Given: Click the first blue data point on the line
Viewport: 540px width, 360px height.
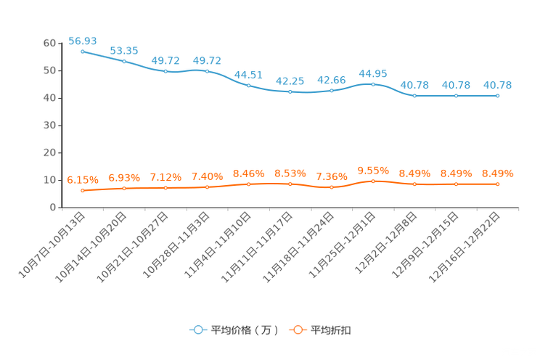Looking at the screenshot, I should [83, 52].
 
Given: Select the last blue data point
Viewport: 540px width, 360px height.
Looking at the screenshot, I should [498, 96].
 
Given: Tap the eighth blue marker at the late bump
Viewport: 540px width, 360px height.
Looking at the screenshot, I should [373, 83].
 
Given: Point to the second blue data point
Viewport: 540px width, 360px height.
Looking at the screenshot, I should [124, 62].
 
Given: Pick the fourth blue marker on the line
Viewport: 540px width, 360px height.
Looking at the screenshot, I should [207, 71].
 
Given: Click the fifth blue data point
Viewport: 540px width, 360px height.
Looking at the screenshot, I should [249, 85].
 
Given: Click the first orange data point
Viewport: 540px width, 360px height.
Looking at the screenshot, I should [83, 191].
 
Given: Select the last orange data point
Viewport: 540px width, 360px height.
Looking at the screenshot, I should [498, 184].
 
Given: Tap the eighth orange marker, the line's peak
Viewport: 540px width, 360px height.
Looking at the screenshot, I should [373, 181].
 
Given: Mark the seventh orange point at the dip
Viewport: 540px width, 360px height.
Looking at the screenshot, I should [332, 187].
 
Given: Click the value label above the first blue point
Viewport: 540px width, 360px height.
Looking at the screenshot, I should [83, 40].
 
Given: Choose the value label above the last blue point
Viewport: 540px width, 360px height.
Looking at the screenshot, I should [498, 85].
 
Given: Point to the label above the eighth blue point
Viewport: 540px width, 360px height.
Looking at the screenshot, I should [373, 73].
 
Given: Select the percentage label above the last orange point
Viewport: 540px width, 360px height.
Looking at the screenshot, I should [498, 173].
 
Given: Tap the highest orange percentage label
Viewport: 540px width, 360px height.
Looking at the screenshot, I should [373, 170].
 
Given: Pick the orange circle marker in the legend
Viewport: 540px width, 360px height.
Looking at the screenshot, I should [298, 330].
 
